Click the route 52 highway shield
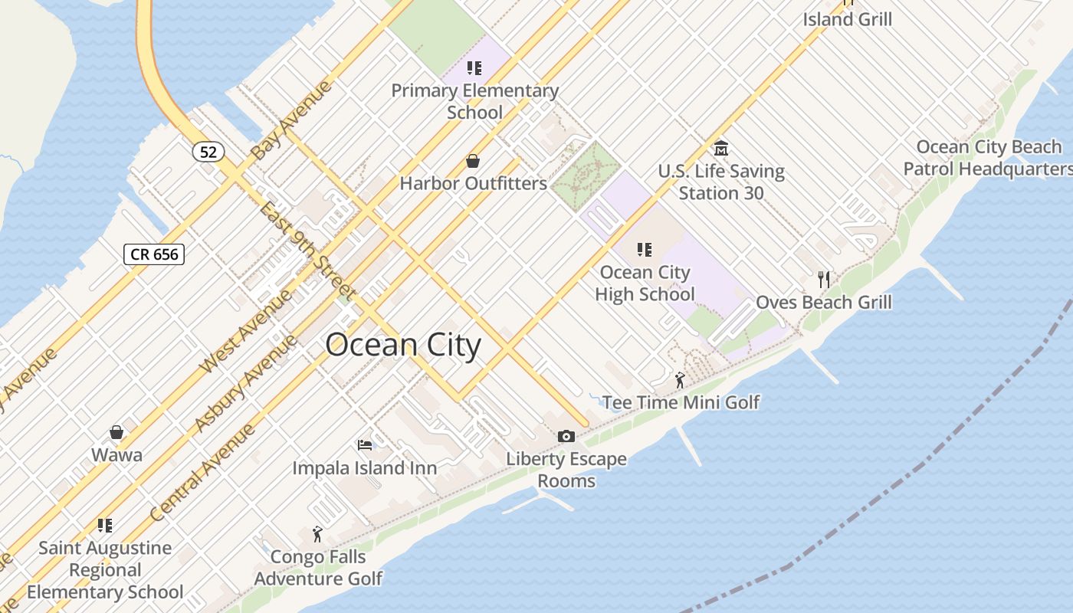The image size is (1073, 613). pos(208,152)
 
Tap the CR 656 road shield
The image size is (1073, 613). pos(154,254)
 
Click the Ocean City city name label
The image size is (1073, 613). pos(403,346)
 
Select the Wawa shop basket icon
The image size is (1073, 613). pos(116,433)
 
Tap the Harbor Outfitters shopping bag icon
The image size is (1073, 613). pos(473,162)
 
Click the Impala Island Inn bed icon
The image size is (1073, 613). pos(365,444)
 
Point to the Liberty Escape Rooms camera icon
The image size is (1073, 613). pos(566,437)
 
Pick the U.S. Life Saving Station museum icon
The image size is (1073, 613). pos(720,148)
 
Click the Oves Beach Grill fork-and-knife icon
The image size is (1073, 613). pos(824,280)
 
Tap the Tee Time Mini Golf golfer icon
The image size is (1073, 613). pos(680,379)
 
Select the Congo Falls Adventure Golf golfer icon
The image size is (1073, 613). pos(317,534)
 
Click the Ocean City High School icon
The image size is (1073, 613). pos(645,250)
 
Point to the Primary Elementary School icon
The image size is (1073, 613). pos(474,68)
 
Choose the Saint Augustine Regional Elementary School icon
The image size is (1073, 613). pos(105,526)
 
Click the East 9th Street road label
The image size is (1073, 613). pos(307,250)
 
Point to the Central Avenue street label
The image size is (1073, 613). pos(202,473)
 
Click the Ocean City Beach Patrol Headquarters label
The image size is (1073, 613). pos(989,158)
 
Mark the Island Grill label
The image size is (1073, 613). pos(847,19)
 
